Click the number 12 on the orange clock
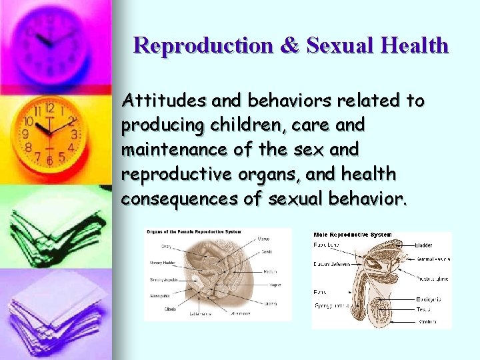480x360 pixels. (x=49, y=108)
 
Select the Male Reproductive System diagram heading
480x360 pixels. (x=353, y=235)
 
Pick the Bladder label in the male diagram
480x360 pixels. (x=425, y=245)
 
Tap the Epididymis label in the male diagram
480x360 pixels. (x=429, y=299)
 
